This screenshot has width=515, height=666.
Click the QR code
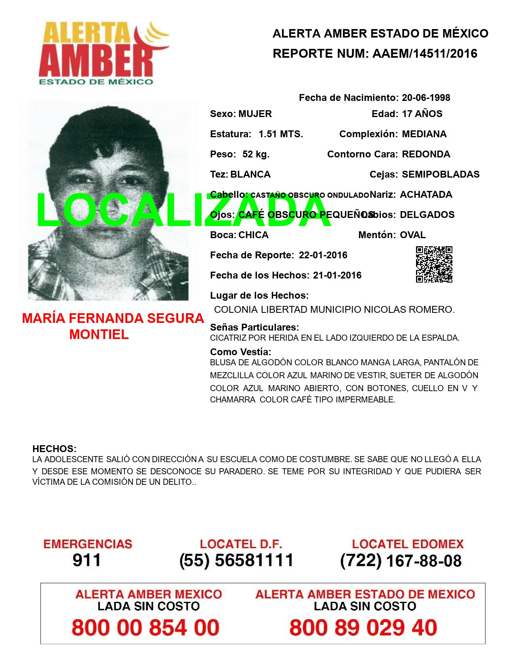point(434,264)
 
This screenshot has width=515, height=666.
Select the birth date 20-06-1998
point(426,98)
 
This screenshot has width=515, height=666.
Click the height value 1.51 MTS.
point(281,134)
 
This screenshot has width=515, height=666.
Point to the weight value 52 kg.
point(256,154)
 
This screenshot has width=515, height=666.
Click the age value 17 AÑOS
point(422,114)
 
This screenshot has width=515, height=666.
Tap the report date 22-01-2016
point(323,255)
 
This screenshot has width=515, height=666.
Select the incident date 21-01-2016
point(337,275)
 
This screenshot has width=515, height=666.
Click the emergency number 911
point(87,560)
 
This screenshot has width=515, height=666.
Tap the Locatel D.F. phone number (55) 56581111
point(236,560)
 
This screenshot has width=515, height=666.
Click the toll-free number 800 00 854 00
point(145,628)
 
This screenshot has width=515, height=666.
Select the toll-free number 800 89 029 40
point(363,628)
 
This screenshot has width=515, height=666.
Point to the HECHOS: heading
point(54,449)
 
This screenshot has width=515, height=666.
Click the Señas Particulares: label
point(254,327)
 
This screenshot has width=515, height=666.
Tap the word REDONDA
point(426,154)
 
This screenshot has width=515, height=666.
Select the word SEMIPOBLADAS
point(440,174)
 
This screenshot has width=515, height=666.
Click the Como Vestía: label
point(240,352)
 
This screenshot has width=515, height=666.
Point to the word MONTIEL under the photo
point(99,334)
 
